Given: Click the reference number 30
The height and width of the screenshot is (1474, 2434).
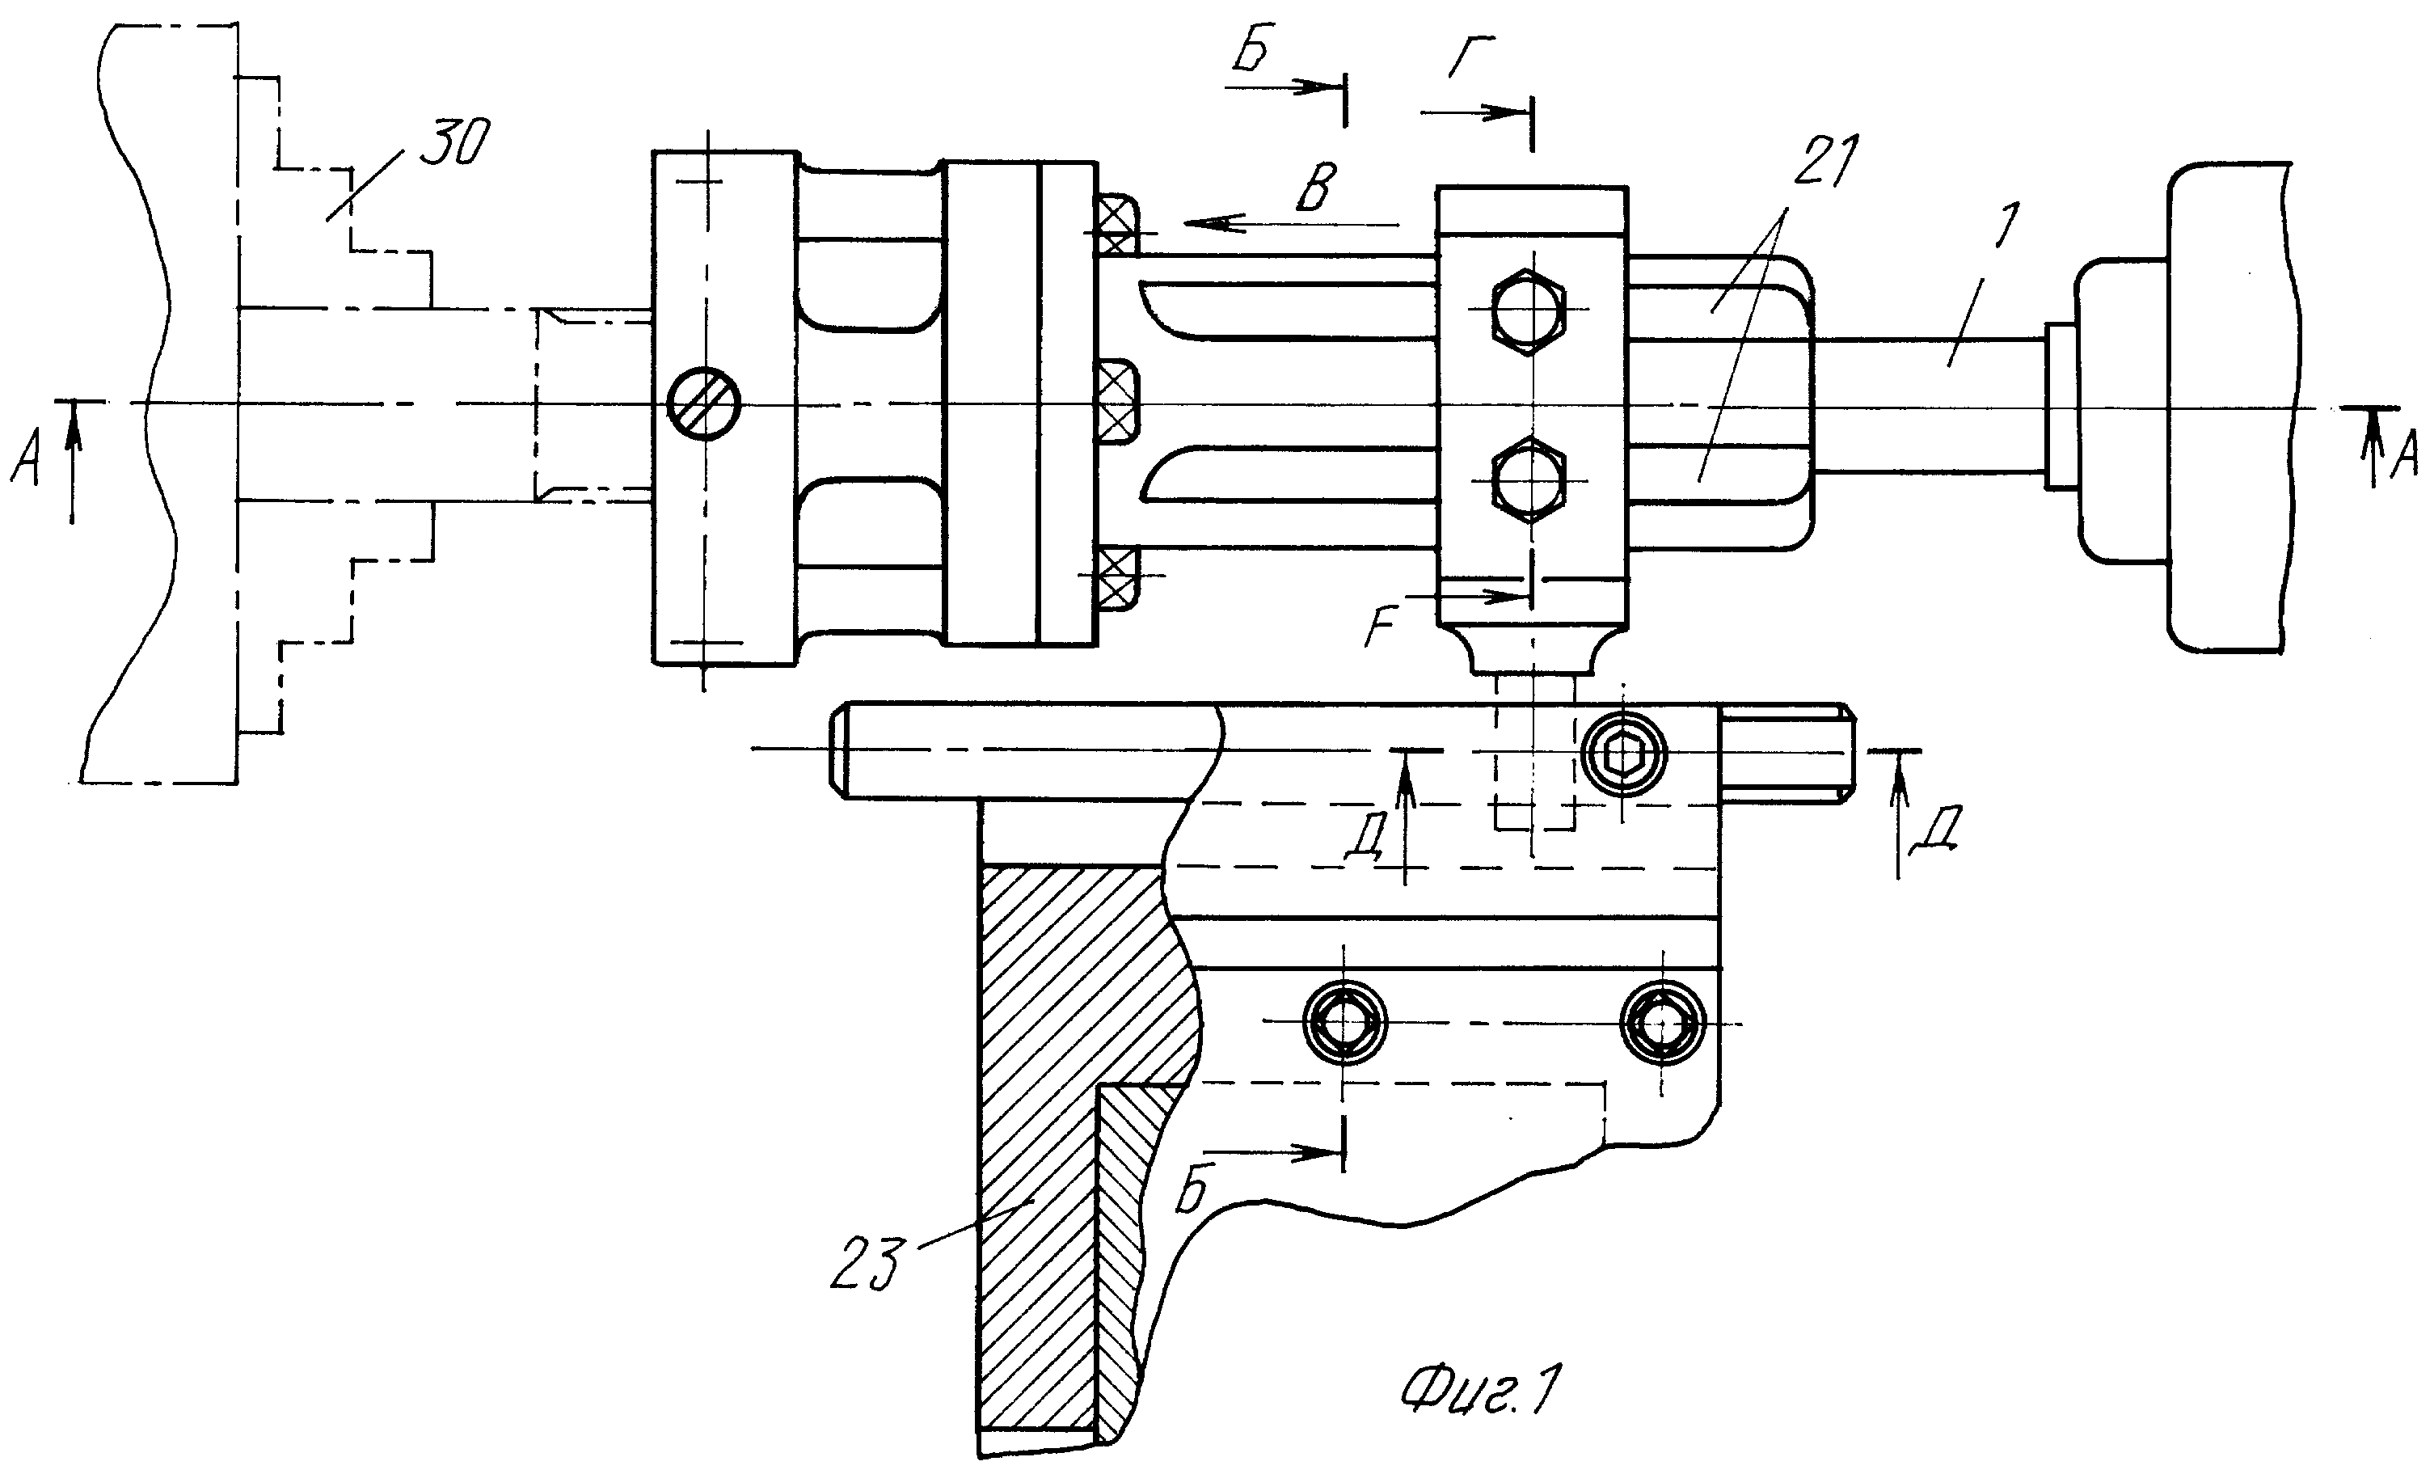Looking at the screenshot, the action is point(453,144).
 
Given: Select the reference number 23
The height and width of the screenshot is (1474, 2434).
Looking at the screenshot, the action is point(867,1264).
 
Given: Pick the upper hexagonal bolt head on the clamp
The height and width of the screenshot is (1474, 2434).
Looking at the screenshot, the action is point(1528,311).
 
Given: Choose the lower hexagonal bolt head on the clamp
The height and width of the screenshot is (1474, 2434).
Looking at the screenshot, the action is point(1528,480).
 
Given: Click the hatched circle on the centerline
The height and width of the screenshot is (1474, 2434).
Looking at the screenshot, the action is point(704,405).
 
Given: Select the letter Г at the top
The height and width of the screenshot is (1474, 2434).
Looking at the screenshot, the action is point(1471,57).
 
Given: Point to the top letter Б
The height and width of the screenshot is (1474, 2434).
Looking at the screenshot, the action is point(1251,50).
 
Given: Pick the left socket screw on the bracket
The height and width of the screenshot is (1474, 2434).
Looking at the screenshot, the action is point(1344,1023).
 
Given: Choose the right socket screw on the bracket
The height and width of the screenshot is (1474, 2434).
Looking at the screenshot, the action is point(1664,1023).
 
